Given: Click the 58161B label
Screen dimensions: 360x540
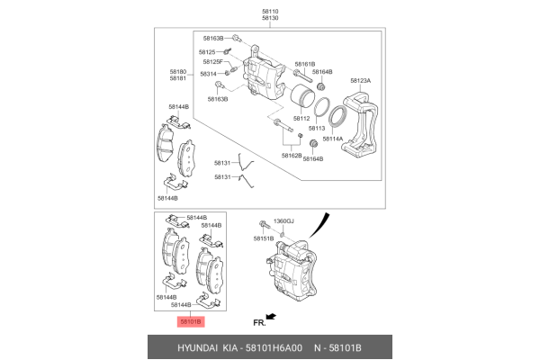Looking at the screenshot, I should pyautogui.click(x=303, y=64).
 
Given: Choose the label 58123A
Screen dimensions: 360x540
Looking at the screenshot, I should pyautogui.click(x=360, y=81).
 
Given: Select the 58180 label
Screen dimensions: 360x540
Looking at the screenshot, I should pyautogui.click(x=177, y=70).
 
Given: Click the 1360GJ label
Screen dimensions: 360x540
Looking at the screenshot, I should pyautogui.click(x=284, y=220).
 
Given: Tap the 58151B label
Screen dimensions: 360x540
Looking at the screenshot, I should pyautogui.click(x=263, y=238).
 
